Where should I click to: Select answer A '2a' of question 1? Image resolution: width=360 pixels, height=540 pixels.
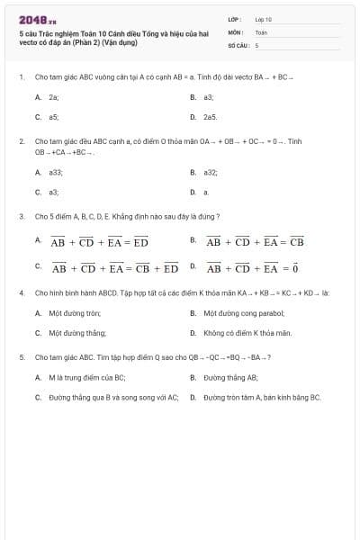click(54, 96)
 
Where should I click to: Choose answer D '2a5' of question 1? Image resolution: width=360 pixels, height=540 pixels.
click(210, 117)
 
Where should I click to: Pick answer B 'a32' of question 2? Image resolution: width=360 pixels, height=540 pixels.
click(211, 172)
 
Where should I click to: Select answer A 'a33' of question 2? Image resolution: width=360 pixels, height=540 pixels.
click(56, 172)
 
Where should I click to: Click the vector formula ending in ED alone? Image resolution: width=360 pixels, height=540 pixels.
click(99, 242)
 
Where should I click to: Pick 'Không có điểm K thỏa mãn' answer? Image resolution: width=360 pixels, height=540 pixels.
click(247, 333)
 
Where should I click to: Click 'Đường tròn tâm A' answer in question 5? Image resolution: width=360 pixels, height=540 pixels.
click(262, 397)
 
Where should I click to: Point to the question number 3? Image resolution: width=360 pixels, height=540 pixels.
click(21, 217)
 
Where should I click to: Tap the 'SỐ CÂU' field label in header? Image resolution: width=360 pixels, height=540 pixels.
click(238, 44)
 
